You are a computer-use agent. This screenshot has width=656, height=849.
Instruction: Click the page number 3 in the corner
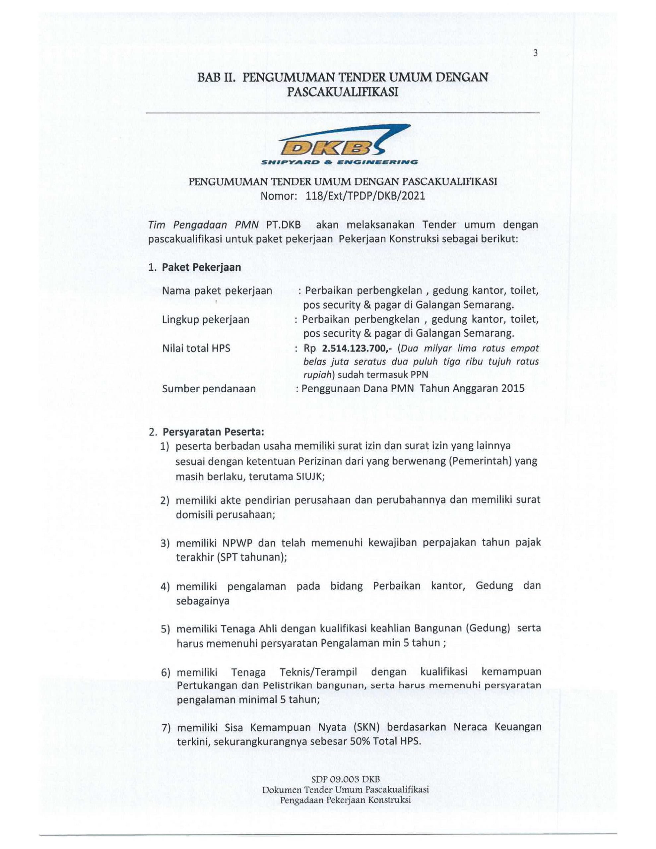click(x=535, y=53)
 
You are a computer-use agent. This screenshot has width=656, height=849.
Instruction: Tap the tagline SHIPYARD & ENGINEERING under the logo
click(x=340, y=162)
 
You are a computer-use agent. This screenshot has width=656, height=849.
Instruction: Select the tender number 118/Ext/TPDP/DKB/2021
click(x=365, y=196)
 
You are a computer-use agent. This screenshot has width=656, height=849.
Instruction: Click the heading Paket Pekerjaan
click(x=201, y=267)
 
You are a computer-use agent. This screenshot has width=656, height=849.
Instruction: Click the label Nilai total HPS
click(x=196, y=348)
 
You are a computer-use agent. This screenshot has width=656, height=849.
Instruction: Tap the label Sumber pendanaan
click(x=209, y=389)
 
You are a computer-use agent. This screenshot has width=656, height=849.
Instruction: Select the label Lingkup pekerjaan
click(x=205, y=320)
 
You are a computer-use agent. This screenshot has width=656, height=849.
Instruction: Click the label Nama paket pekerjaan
click(x=217, y=291)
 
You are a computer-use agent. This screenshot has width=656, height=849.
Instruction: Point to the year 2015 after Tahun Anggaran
click(x=512, y=388)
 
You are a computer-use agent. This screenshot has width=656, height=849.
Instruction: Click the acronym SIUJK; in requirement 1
click(x=310, y=477)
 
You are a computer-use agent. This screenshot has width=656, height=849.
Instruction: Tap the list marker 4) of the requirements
click(x=165, y=587)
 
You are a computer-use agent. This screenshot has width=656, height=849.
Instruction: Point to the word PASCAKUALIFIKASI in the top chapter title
click(x=343, y=92)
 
